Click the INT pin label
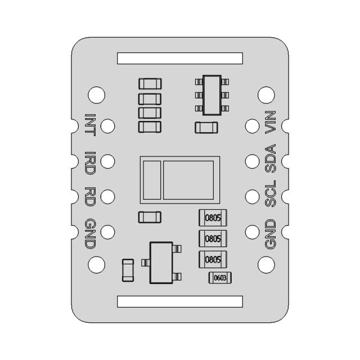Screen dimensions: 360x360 click(x=90, y=125)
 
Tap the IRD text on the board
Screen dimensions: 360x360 click(x=90, y=161)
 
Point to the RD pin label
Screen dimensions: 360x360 click(x=90, y=196)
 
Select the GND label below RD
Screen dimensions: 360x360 click(x=90, y=233)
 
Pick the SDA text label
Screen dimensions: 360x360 click(x=271, y=160)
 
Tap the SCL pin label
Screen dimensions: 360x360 click(x=271, y=195)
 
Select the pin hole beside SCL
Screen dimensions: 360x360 click(x=253, y=196)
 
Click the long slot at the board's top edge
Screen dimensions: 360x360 click(x=180, y=58)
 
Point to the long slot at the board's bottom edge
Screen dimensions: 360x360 click(x=180, y=301)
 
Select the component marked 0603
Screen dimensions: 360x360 click(x=220, y=277)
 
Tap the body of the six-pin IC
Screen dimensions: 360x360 click(x=211, y=95)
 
